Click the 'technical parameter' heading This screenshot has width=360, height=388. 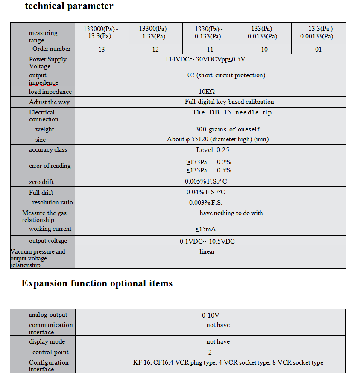[x=69, y=6]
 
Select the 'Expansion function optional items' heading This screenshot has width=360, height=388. [x=97, y=283]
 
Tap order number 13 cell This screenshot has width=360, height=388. [x=102, y=50]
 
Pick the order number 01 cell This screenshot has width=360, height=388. [x=318, y=50]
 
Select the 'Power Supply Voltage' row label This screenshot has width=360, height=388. [x=47, y=63]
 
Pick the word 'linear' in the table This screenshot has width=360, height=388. [x=207, y=251]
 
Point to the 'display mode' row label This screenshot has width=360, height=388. [x=47, y=341]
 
